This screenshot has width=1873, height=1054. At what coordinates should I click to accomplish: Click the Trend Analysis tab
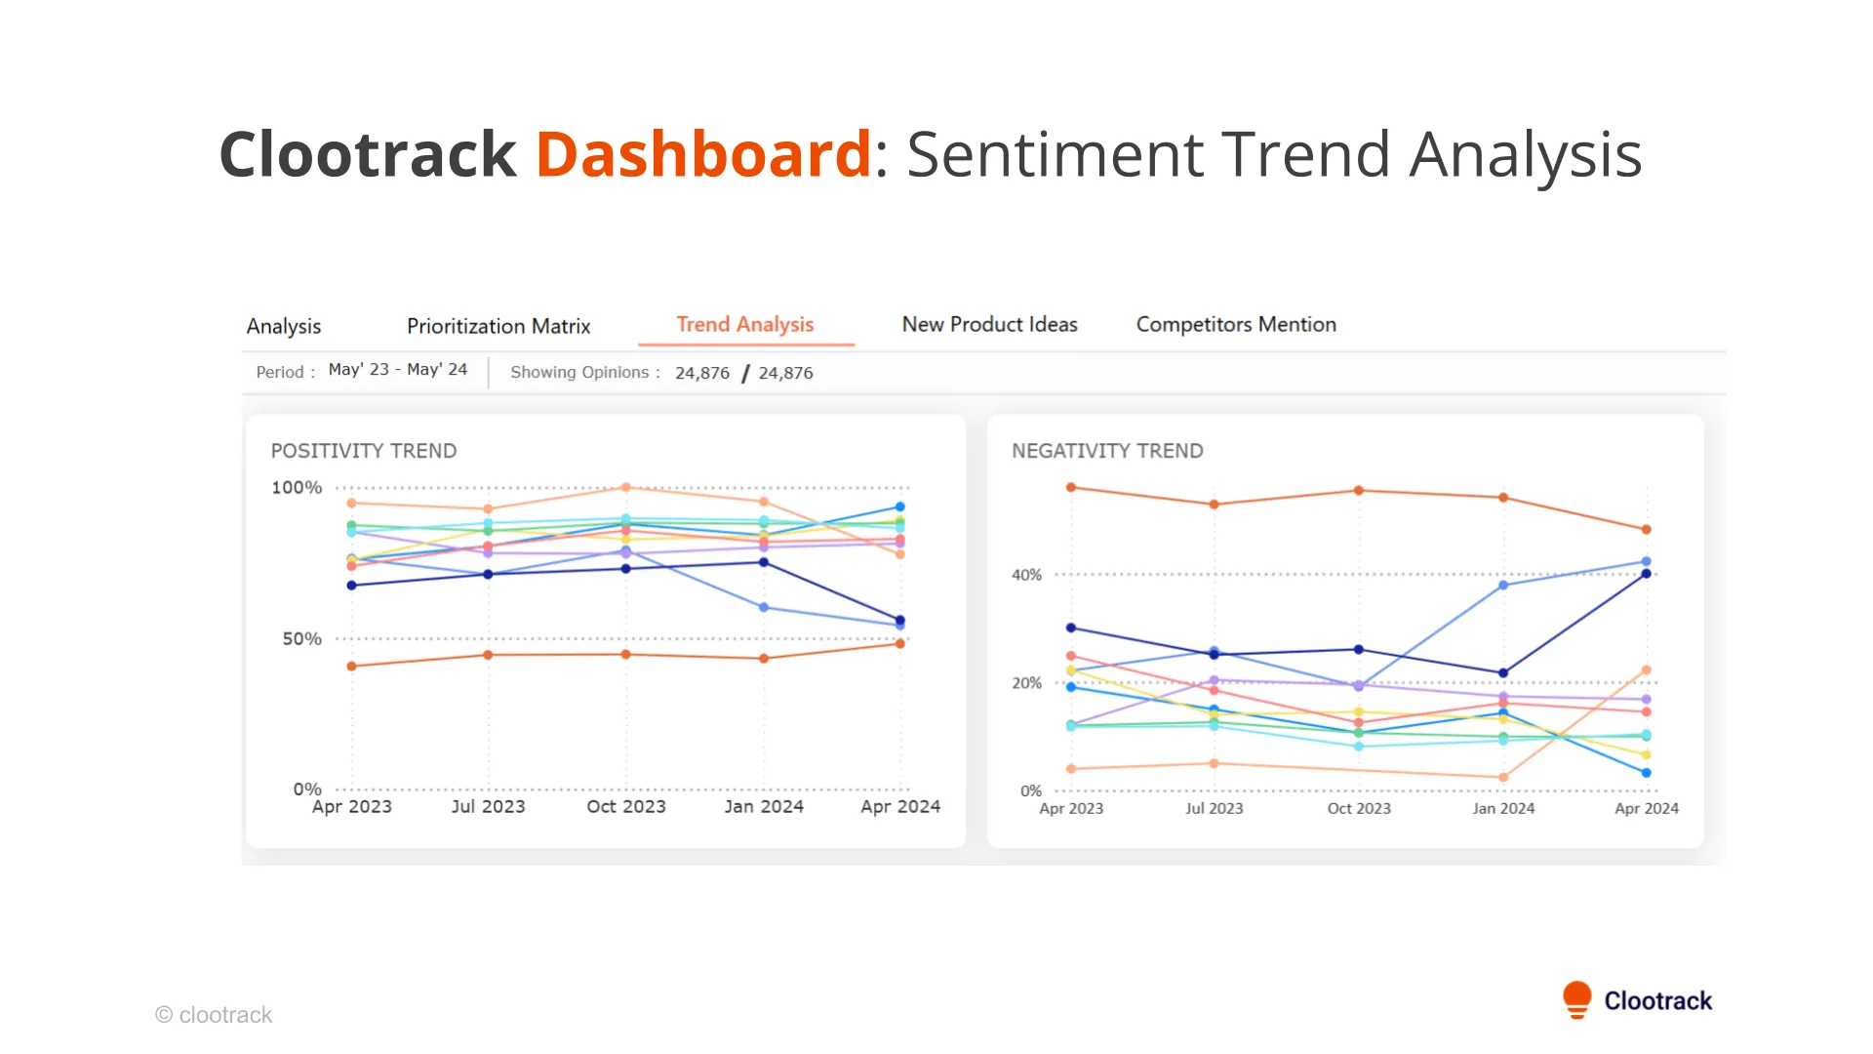point(745,325)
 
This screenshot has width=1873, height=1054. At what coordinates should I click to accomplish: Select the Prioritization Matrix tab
point(498,326)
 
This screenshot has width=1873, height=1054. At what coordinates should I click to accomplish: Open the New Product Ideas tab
point(989,325)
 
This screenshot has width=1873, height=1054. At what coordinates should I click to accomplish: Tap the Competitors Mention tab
point(1236,325)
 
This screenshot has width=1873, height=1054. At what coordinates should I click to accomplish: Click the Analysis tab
point(284,326)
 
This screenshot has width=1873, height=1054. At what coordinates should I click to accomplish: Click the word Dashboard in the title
point(702,154)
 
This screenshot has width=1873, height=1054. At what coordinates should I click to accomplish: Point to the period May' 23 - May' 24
point(398,370)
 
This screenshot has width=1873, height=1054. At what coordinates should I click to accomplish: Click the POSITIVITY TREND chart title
point(364,451)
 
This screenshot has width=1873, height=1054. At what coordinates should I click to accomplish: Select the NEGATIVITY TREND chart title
point(1107,451)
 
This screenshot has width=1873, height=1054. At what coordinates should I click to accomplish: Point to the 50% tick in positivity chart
point(301,638)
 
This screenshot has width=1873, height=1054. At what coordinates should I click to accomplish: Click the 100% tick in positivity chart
point(297,487)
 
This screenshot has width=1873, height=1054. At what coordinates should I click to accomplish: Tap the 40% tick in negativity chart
point(1026,575)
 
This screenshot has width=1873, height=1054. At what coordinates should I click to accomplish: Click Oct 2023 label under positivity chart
point(626,807)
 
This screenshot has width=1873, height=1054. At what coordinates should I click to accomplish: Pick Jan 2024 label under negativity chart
point(1503,809)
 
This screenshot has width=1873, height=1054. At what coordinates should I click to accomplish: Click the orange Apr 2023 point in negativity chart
point(1071,487)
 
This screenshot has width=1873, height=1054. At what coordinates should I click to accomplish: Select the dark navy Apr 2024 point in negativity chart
point(1647,574)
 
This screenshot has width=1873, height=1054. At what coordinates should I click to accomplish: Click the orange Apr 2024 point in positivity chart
point(900,643)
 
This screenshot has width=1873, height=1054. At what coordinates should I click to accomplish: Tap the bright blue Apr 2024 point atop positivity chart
point(900,507)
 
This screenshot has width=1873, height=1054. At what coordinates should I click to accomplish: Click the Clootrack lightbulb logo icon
point(1576,999)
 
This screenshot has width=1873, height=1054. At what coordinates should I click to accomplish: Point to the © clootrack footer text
point(214,1015)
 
